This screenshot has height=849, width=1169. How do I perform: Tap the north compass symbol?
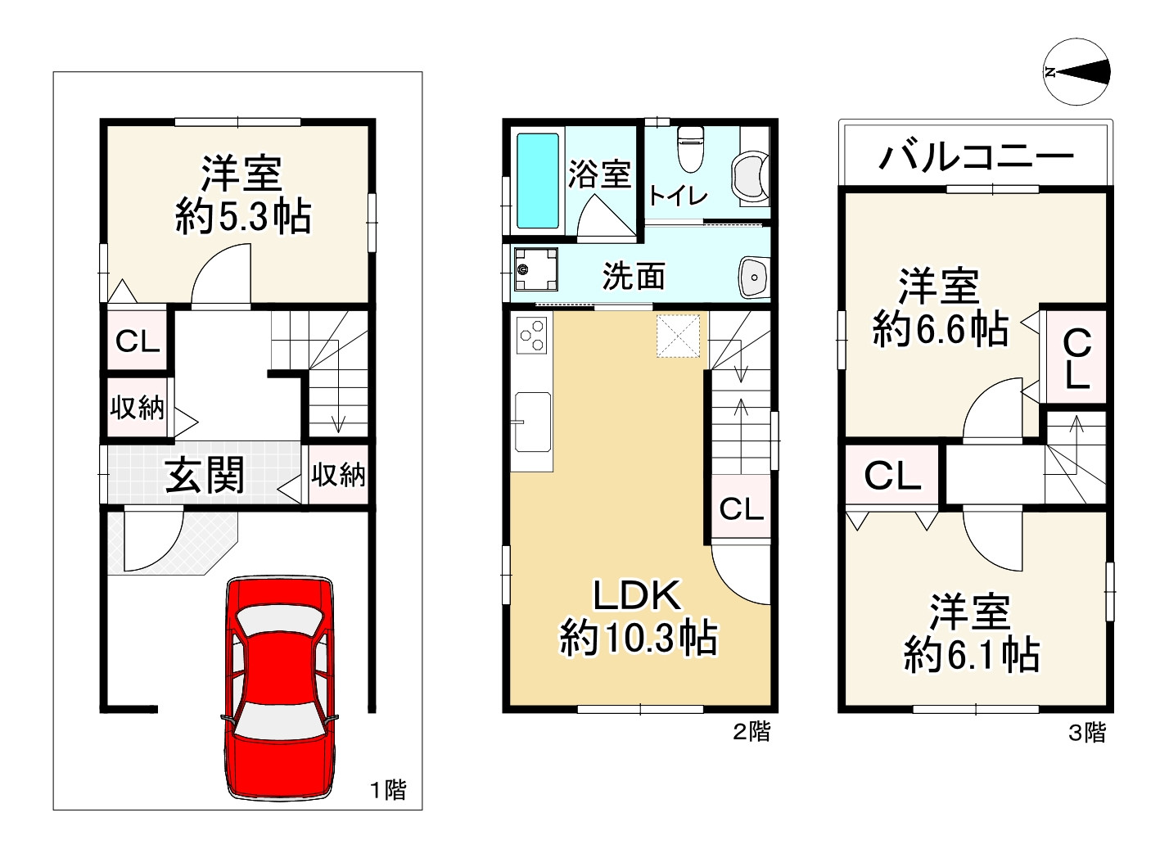[1077, 72]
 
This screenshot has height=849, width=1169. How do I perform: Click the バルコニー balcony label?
[975, 156]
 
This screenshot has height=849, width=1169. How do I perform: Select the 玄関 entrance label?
[205, 475]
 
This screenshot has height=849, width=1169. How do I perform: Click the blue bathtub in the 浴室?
[538, 181]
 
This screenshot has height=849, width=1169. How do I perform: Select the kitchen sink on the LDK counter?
[532, 421]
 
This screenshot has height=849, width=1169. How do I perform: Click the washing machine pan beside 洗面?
[536, 269]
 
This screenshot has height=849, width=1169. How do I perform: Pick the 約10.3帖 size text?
[639, 638]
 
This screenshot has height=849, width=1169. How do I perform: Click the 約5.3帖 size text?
[243, 217]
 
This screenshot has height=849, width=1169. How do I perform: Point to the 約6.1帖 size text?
[971, 655]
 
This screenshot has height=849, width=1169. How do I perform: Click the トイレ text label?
[678, 196]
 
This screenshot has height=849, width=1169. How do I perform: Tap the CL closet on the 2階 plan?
[742, 509]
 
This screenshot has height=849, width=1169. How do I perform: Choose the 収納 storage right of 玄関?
[337, 475]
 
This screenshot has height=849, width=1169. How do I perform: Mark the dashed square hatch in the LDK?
[678, 336]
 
